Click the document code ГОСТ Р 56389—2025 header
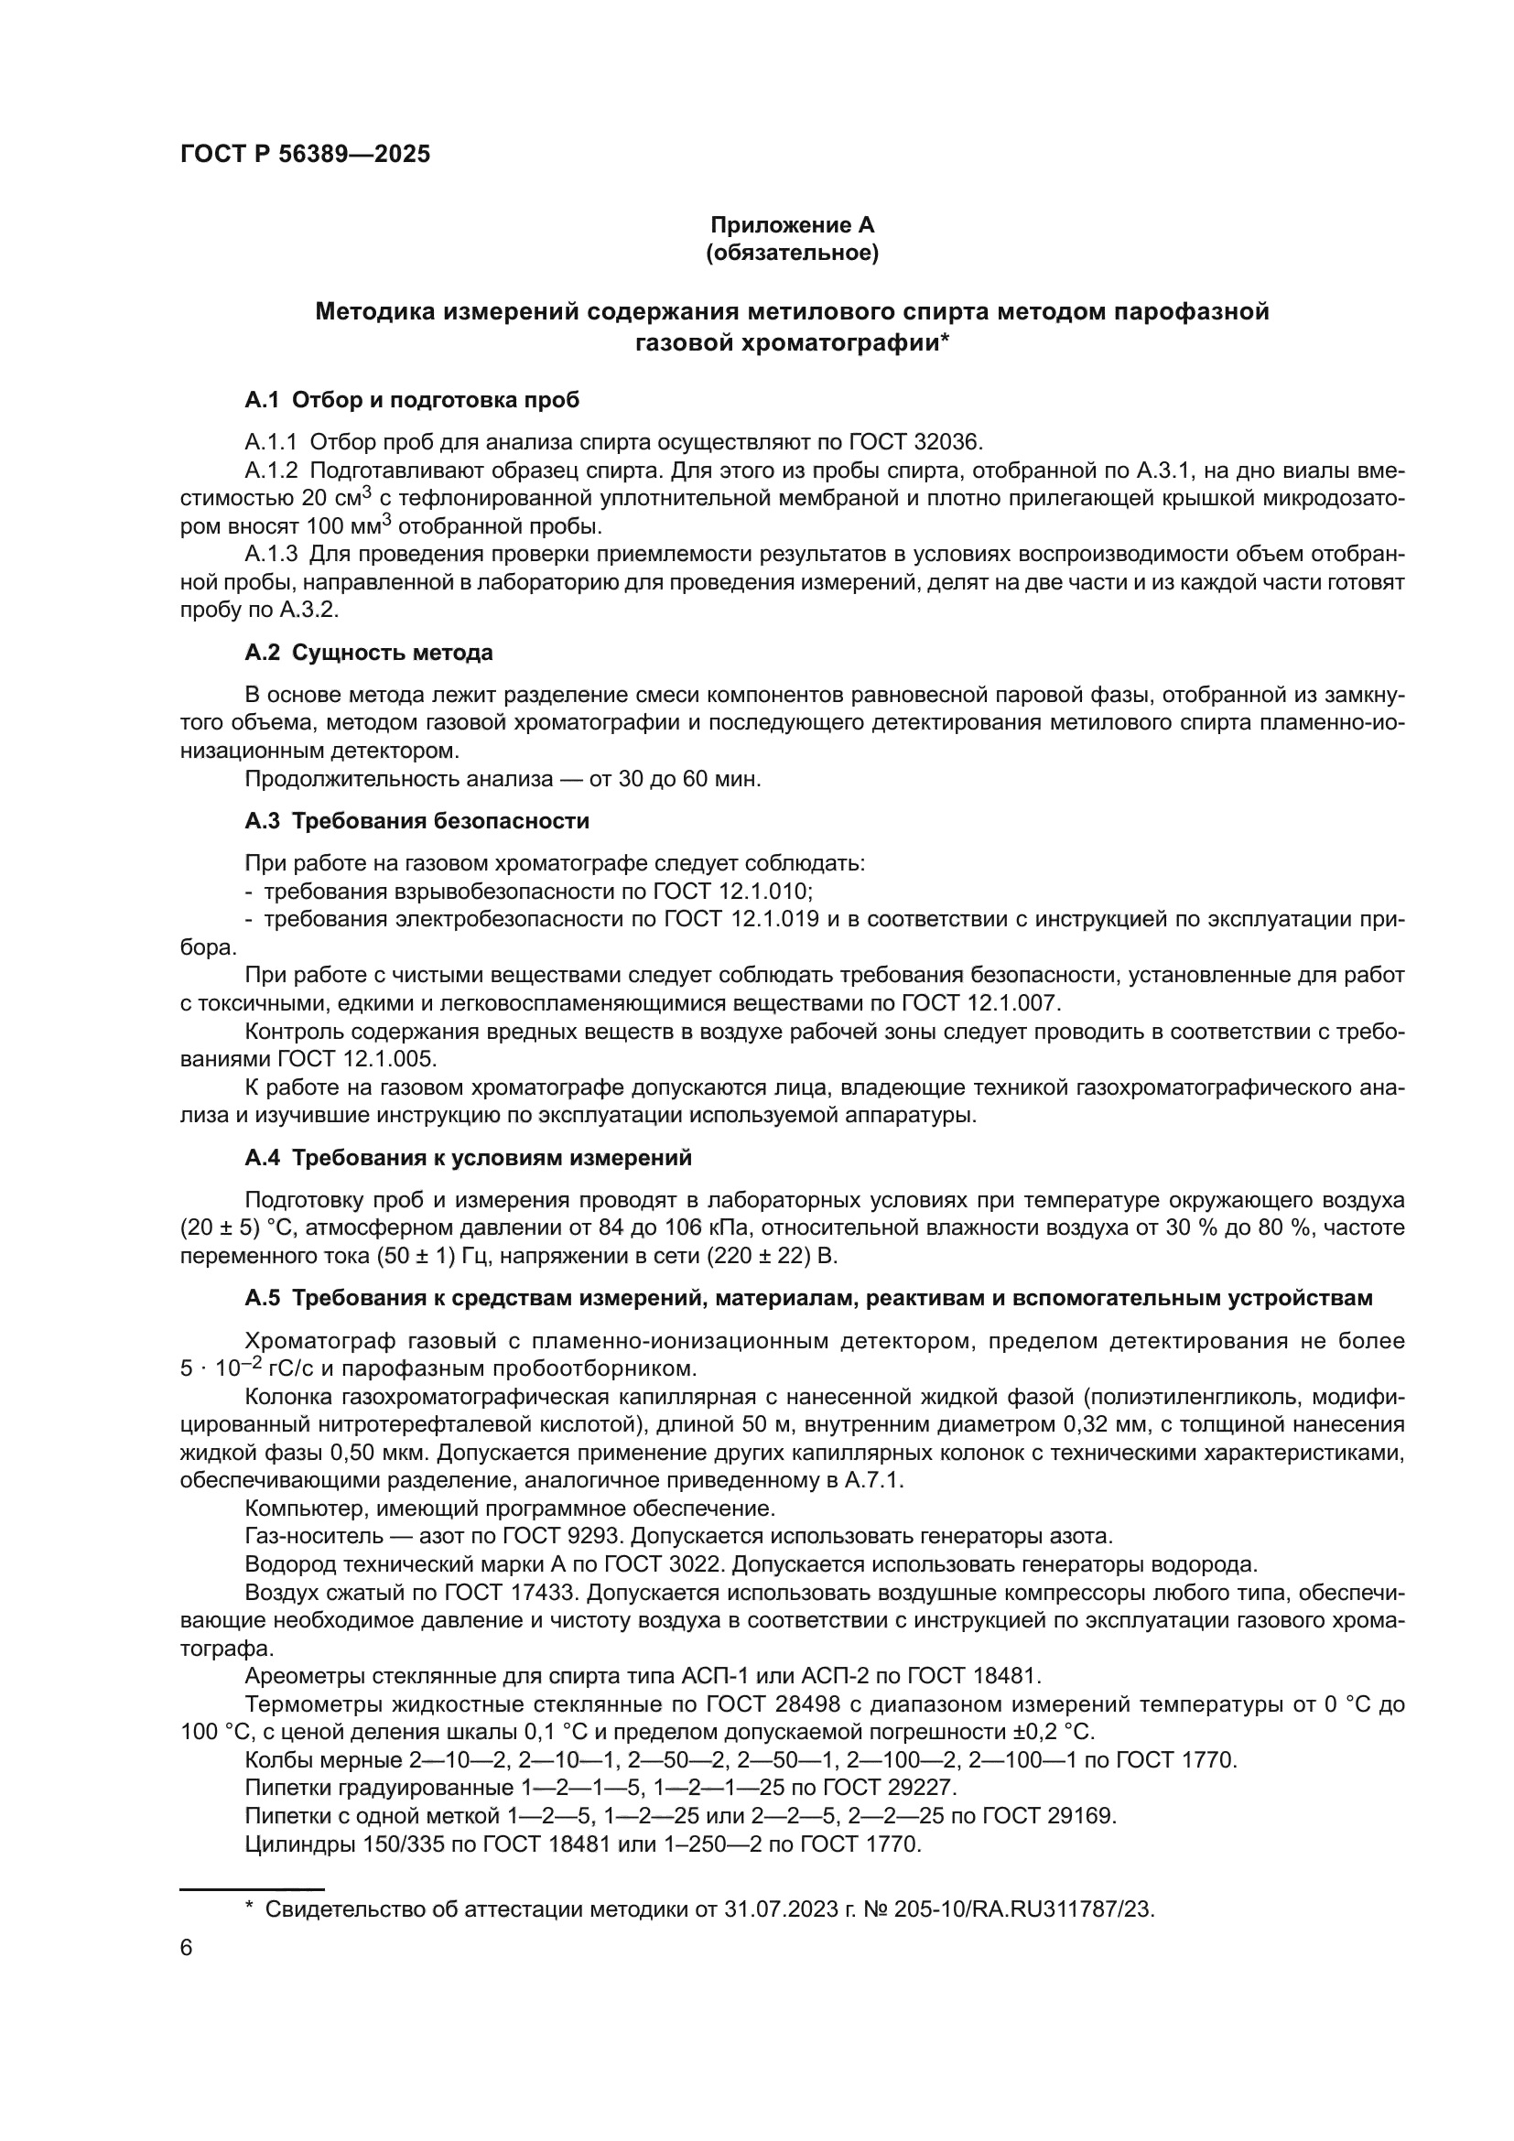click(x=305, y=155)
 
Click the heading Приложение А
click(x=792, y=225)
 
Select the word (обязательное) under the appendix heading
click(x=792, y=254)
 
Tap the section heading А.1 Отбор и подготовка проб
click(x=411, y=400)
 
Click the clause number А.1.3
click(x=271, y=555)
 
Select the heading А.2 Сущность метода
click(x=368, y=653)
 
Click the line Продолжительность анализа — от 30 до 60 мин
click(x=503, y=779)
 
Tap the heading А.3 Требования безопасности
click(x=416, y=820)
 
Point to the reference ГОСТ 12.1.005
click(x=357, y=1059)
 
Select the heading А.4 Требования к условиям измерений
click(x=468, y=1157)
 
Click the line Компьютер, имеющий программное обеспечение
click(x=509, y=1508)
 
